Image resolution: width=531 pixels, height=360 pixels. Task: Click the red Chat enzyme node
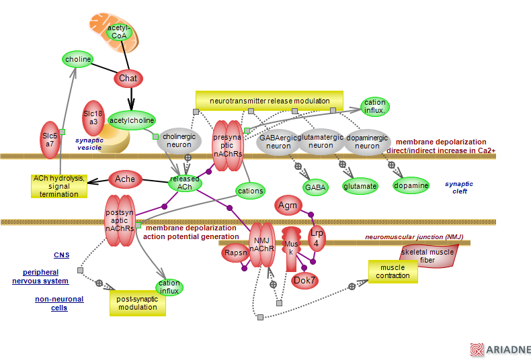pyautogui.click(x=128, y=79)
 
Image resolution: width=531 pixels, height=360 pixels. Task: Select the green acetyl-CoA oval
pyautogui.click(x=119, y=31)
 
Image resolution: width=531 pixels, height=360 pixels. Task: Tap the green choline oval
pyautogui.click(x=78, y=60)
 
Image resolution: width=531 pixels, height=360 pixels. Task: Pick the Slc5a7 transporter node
pyautogui.click(x=49, y=140)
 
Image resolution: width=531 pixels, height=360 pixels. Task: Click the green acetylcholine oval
pyautogui.click(x=132, y=120)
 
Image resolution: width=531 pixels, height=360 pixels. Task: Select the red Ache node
pyautogui.click(x=124, y=179)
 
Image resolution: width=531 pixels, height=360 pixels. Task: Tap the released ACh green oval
pyautogui.click(x=185, y=182)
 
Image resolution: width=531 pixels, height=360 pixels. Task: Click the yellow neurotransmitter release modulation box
pyautogui.click(x=269, y=101)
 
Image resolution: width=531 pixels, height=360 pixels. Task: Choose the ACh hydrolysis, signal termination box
pyautogui.click(x=59, y=186)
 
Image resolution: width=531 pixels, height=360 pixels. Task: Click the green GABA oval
pyautogui.click(x=315, y=187)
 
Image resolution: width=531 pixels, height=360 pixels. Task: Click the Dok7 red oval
pyautogui.click(x=304, y=279)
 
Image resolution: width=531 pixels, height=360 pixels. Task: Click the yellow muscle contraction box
pyautogui.click(x=393, y=271)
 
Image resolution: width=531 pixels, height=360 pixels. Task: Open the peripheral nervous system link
pyautogui.click(x=45, y=276)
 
